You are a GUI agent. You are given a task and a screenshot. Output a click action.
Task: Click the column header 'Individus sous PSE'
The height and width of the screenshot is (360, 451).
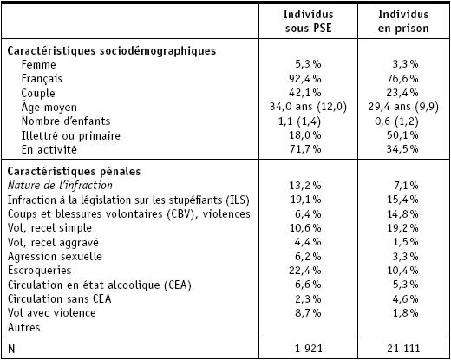[x=308, y=21]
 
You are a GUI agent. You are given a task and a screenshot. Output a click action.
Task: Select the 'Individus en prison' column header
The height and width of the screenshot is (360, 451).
[x=403, y=21]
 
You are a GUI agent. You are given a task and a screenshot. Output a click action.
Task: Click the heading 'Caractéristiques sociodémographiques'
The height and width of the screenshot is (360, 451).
[x=112, y=51]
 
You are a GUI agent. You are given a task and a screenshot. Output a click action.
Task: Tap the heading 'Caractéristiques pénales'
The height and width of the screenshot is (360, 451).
[x=74, y=172]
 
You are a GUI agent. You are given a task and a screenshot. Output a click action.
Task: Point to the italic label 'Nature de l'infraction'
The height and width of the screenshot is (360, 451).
[x=60, y=186]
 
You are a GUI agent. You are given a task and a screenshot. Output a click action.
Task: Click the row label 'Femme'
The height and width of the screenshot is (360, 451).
[x=38, y=64]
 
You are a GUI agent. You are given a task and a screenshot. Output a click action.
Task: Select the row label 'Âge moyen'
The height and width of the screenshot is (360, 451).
[x=49, y=107]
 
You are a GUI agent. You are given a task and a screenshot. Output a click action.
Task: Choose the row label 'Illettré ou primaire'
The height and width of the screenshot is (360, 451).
[x=71, y=135]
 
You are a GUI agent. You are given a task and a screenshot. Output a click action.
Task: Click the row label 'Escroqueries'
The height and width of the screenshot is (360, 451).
[x=39, y=271]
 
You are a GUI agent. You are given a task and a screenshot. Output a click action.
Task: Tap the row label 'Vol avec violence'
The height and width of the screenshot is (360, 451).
[x=52, y=313]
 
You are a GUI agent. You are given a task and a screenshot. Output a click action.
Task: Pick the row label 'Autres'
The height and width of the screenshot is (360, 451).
[x=23, y=327]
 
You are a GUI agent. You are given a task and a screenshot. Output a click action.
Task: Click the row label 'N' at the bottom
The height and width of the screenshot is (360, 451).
[x=11, y=349]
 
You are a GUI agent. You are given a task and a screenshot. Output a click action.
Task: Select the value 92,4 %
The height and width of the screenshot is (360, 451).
[x=305, y=78]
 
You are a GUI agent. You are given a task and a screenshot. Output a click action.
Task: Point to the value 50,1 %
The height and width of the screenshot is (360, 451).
[x=402, y=135]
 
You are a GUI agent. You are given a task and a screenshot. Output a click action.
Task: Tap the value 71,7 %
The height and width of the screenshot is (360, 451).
[x=305, y=149]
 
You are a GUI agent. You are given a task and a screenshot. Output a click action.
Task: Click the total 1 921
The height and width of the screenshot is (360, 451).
[x=309, y=349]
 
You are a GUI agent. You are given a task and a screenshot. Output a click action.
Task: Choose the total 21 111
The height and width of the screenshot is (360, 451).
[x=403, y=349]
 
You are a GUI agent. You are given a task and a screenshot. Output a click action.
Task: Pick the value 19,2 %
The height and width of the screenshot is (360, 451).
[x=402, y=228]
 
